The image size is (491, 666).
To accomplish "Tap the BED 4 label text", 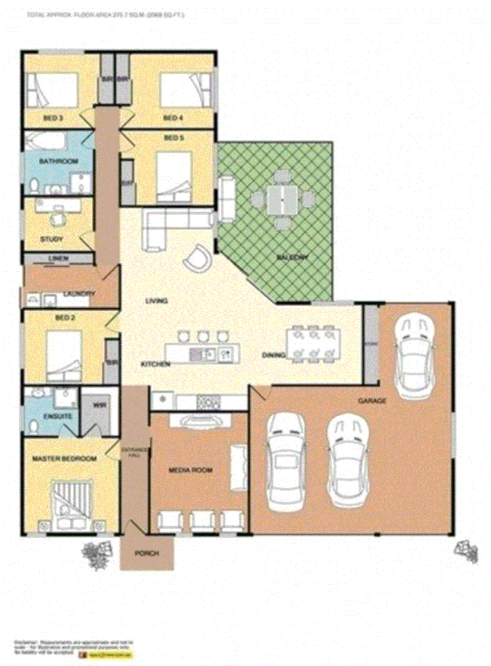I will click(x=173, y=118).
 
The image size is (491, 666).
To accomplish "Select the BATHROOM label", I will click(x=60, y=162).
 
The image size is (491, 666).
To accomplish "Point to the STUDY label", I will click(x=52, y=240).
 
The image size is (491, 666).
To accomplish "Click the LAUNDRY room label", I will click(x=78, y=294).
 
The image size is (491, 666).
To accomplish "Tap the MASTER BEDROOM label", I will click(x=64, y=459).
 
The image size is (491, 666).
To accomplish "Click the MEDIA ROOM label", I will click(x=189, y=470).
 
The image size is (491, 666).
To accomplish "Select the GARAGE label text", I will click(x=373, y=401).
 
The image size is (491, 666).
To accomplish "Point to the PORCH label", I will click(x=146, y=554).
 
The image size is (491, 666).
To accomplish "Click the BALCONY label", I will click(x=293, y=258).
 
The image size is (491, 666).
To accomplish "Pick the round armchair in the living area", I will click(x=198, y=258).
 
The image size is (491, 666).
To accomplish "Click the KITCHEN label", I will click(x=155, y=365).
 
